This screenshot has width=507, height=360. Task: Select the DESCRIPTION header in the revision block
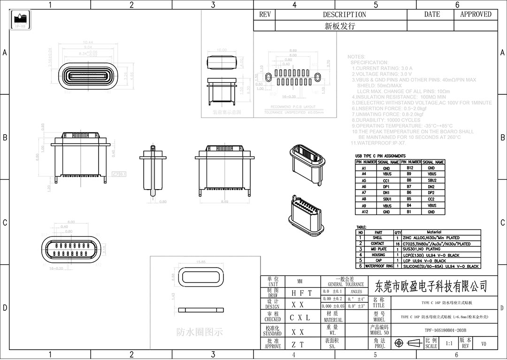(344, 15)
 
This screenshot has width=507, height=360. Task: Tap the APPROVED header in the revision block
(476, 15)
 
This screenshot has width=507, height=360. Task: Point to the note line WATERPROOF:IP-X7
(378, 143)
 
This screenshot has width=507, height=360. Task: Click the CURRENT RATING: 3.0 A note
(382, 69)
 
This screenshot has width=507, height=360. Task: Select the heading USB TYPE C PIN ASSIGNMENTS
(380, 156)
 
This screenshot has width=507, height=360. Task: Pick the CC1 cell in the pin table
(387, 180)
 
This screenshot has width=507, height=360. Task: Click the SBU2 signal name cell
(432, 180)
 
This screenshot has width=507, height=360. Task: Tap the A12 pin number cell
(364, 212)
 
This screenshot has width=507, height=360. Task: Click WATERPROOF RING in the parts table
(379, 266)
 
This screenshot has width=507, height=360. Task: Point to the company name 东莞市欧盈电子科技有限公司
(429, 285)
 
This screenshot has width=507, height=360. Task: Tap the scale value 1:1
(449, 344)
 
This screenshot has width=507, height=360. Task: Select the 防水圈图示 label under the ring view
(200, 332)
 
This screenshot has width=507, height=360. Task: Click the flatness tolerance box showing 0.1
(120, 174)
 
